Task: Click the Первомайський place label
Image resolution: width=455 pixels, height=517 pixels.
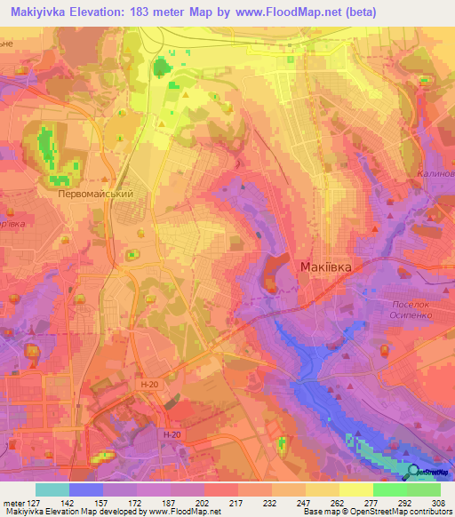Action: coord(95,193)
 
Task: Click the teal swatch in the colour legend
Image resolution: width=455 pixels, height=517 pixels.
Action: coord(52,489)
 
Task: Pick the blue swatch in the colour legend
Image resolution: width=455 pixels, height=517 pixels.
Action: coord(86,489)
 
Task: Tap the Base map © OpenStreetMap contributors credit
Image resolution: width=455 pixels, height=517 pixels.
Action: coord(376,513)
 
